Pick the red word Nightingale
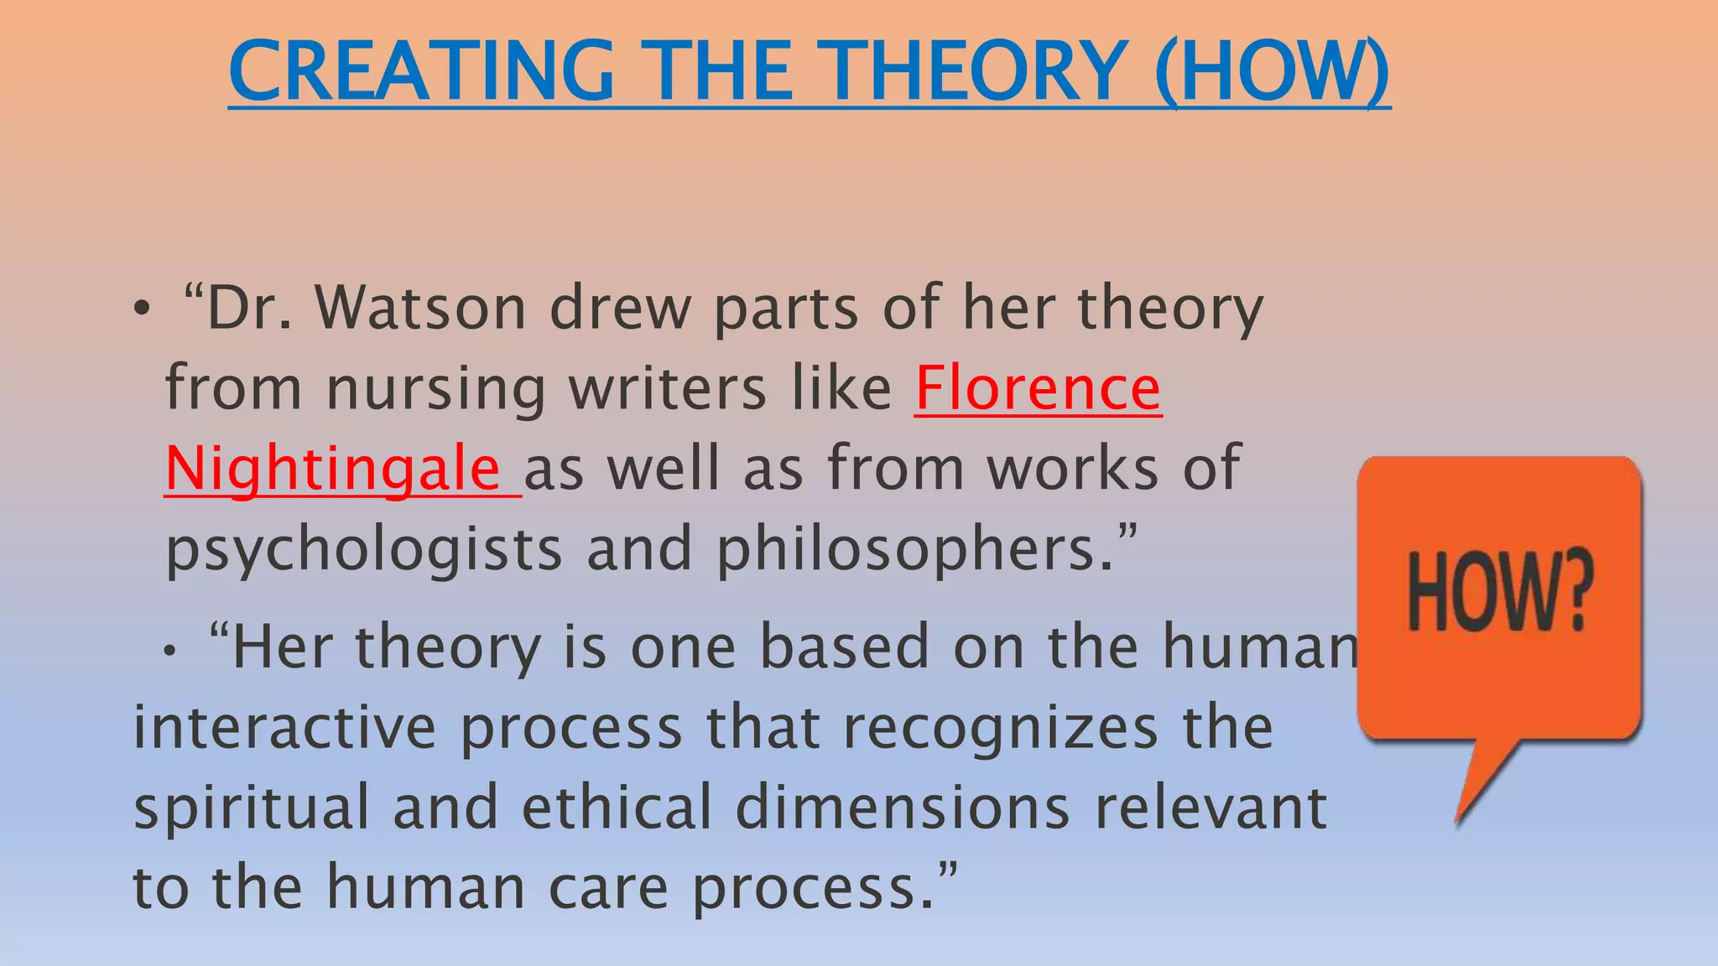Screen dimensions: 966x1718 333,469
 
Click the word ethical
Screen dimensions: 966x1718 617,807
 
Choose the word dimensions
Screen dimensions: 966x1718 903,807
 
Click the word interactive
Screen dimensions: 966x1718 284,727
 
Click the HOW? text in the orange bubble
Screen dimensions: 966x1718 1499,592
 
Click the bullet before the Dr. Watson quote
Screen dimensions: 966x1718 142,311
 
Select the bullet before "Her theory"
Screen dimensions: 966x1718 170,651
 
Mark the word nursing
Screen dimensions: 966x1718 435,390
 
